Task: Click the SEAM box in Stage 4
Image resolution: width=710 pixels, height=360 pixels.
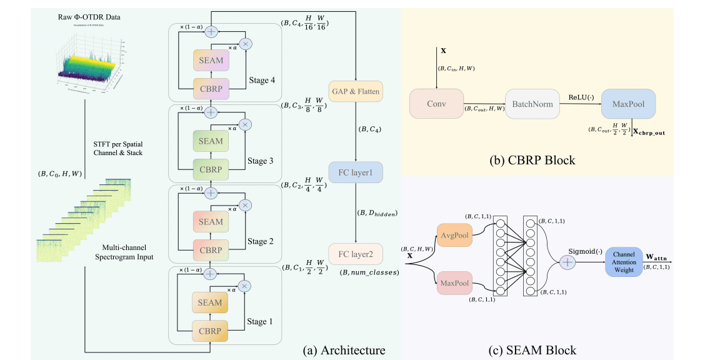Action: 211,60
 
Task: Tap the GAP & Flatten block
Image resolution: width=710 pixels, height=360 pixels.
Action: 355,92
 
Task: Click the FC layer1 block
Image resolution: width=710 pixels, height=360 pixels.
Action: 355,171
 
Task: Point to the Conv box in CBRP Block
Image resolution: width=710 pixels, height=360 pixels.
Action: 437,104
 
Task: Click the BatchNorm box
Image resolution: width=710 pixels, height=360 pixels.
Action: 533,104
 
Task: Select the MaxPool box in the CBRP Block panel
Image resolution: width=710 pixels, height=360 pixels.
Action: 628,104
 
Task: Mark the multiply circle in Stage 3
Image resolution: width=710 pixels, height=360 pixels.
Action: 246,125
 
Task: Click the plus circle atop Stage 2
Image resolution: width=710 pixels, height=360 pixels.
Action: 211,192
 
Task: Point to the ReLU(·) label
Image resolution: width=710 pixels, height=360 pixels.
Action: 581,97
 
